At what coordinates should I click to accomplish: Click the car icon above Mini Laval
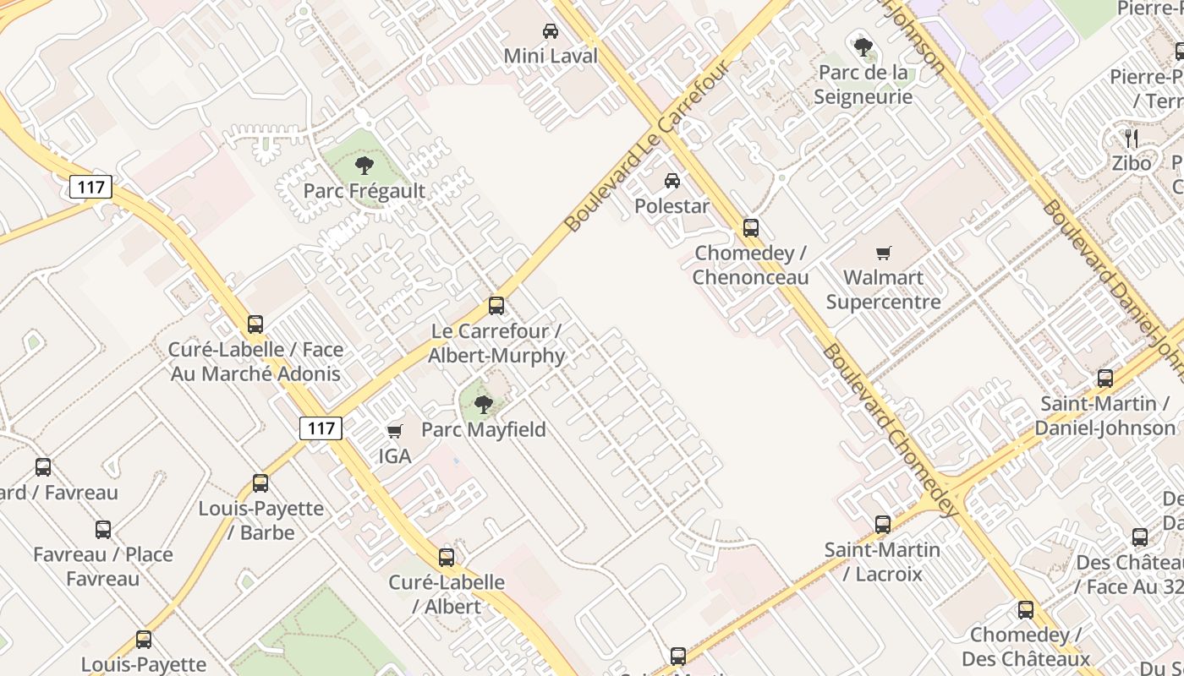pos(551,31)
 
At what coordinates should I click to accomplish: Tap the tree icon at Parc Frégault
pos(365,165)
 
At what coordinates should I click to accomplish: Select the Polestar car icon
pos(672,181)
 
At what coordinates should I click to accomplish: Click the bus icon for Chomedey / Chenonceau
pos(750,227)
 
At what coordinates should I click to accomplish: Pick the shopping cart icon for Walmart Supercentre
pos(884,252)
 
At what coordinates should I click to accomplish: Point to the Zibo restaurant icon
pos(1132,138)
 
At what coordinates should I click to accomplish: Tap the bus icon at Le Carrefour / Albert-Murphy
pos(496,306)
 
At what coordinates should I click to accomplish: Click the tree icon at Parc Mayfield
pos(484,404)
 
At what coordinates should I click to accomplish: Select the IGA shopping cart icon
pos(394,432)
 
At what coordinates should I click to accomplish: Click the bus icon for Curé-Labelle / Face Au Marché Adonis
pos(255,324)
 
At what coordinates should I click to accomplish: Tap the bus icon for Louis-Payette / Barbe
pos(260,483)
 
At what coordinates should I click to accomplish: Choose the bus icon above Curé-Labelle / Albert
pos(447,558)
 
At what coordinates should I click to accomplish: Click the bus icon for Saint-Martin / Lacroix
pos(883,525)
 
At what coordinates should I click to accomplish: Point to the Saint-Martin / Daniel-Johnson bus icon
pos(1105,379)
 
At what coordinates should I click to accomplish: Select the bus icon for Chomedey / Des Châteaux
pos(1026,610)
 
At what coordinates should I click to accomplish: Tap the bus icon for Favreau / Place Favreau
pos(103,530)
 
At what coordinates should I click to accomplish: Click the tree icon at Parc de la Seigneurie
pos(863,46)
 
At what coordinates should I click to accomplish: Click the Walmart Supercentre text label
pos(884,289)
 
